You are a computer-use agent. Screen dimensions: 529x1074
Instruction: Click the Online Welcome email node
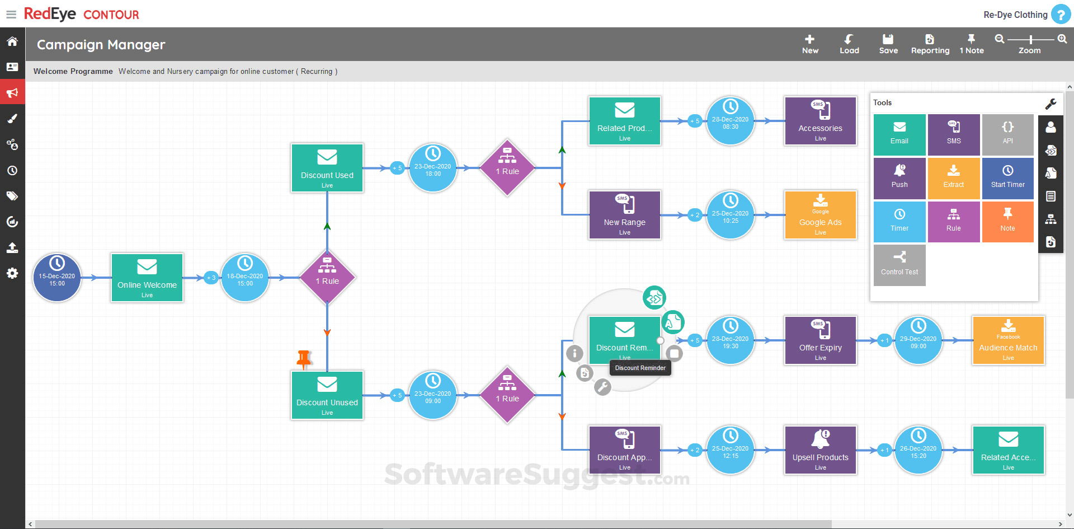(147, 278)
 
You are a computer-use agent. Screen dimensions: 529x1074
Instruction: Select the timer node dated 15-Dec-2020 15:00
(57, 278)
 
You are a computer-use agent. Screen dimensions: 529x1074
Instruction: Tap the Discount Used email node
(327, 168)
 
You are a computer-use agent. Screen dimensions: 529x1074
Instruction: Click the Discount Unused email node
(327, 395)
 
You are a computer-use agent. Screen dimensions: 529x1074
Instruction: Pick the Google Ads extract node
(820, 215)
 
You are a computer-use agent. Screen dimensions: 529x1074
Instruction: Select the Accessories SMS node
(820, 121)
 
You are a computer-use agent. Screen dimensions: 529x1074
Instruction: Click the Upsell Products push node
(820, 450)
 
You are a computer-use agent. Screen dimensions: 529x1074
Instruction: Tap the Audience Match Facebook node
(1008, 340)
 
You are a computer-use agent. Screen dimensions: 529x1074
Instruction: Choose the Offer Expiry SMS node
(820, 340)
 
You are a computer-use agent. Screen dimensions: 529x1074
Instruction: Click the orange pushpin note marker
(304, 359)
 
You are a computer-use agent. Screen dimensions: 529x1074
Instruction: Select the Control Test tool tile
(899, 265)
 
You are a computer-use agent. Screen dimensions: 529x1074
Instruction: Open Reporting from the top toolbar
(930, 44)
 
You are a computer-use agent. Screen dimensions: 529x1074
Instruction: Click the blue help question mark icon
(1061, 15)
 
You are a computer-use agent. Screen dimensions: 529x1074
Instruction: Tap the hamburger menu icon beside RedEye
(11, 15)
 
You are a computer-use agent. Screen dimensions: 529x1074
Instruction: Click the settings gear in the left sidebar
(12, 273)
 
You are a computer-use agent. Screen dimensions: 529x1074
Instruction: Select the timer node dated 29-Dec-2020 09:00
(918, 340)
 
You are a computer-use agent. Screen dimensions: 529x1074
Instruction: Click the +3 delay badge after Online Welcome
(211, 278)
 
